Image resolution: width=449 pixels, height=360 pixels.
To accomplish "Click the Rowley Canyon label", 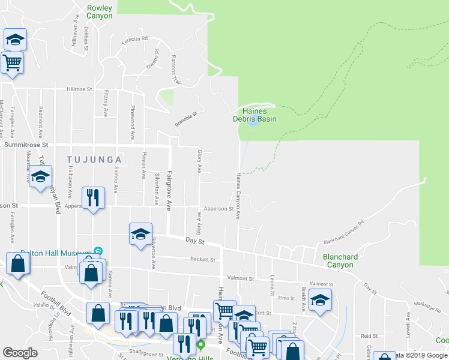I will pos(99,12).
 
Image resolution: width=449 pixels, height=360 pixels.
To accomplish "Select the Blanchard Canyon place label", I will pos(340,260).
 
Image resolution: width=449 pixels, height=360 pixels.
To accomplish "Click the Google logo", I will pos(20,352).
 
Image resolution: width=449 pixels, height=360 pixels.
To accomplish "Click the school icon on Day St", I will pos(140,233).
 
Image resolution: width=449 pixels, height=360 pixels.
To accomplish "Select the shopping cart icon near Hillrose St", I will pos(12,62).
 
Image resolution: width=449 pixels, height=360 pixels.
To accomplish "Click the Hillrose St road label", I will pos(79,89).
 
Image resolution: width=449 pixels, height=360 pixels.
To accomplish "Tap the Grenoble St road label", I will pos(186,116).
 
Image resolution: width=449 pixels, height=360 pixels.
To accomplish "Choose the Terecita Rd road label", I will pos(134,38).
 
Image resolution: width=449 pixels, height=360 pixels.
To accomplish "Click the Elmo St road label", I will pos(286,298).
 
